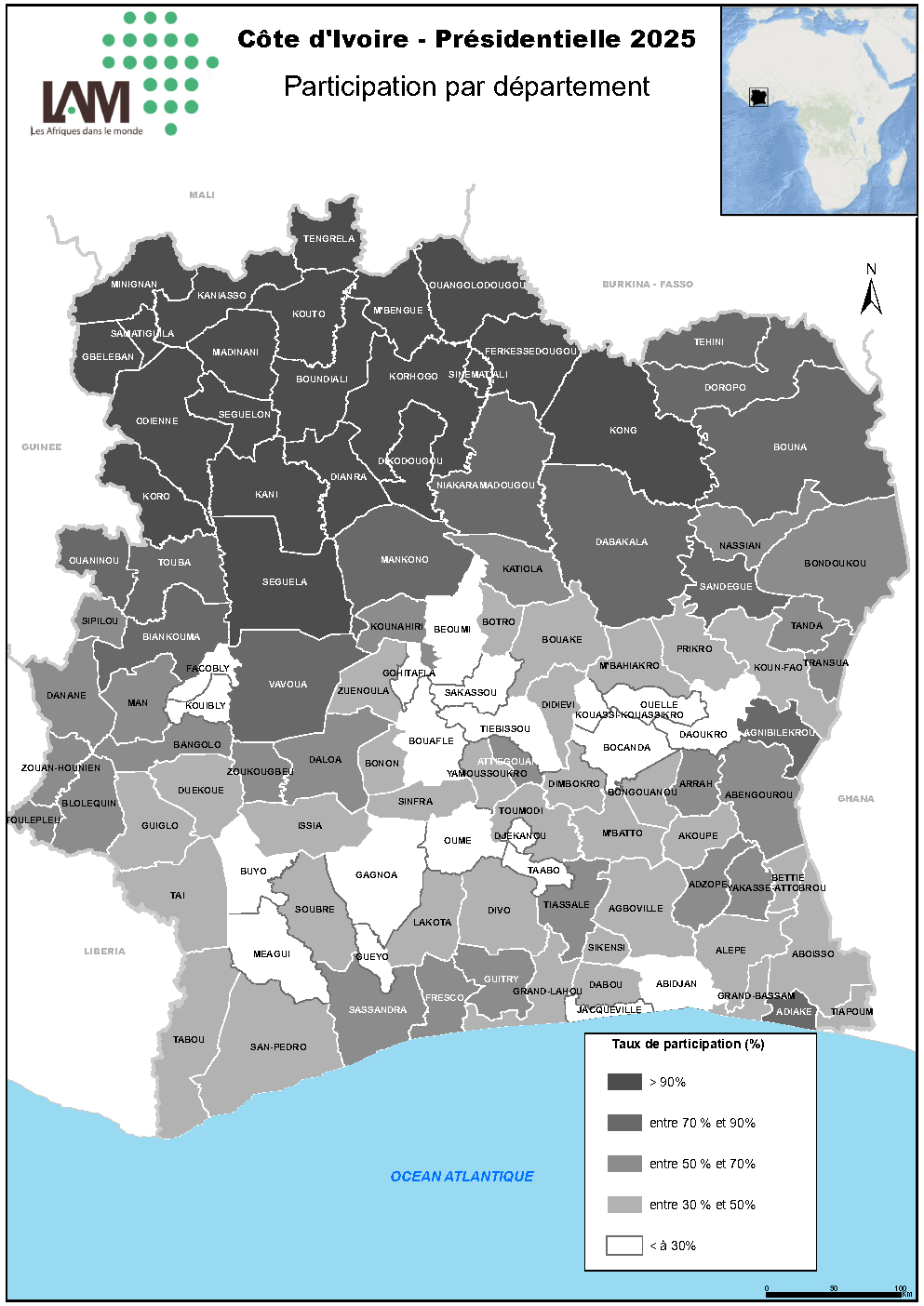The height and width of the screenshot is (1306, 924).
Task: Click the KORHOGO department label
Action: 413,377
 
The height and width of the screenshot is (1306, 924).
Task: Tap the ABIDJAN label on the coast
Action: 676,984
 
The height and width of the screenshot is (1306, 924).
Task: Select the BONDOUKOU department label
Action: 835,564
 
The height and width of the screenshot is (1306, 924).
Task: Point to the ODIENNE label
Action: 157,421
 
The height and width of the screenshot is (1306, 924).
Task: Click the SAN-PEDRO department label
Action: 278,1047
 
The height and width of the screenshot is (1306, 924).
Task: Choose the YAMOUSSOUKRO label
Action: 487,774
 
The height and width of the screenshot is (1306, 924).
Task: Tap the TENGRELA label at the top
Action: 328,239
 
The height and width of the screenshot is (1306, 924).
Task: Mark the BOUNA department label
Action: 790,447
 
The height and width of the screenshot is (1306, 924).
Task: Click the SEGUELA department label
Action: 285,582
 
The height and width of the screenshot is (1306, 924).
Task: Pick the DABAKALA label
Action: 622,542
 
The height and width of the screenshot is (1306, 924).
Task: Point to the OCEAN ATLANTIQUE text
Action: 462,1177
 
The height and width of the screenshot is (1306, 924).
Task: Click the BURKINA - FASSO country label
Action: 648,285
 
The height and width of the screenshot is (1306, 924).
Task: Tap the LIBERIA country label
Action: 104,952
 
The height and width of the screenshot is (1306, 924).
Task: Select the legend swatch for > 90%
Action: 624,1082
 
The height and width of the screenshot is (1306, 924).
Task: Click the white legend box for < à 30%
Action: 624,1246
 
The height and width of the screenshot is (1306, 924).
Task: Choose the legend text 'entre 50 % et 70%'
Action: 702,1164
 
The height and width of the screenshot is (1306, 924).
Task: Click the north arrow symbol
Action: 871,292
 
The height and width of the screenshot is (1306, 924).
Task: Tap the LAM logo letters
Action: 86,102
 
